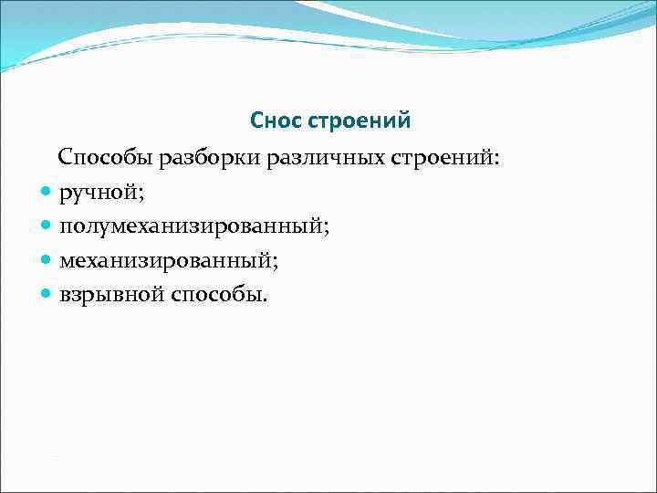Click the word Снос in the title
point(276,121)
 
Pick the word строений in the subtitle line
point(441,158)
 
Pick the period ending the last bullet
point(266,299)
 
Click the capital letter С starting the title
point(256,121)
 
